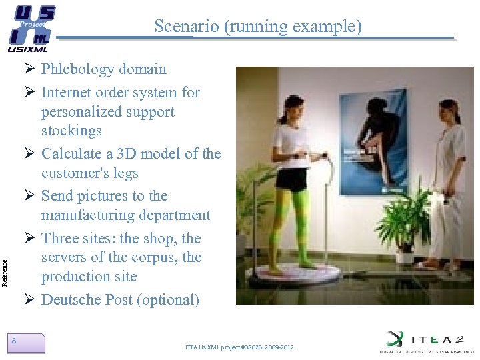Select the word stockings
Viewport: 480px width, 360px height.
click(71, 131)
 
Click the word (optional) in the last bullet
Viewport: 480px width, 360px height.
click(168, 300)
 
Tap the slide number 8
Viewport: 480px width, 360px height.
click(15, 341)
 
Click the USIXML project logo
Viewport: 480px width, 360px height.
click(30, 28)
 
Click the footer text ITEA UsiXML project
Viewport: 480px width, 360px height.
click(240, 347)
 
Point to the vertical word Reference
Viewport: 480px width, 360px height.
click(6, 255)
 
